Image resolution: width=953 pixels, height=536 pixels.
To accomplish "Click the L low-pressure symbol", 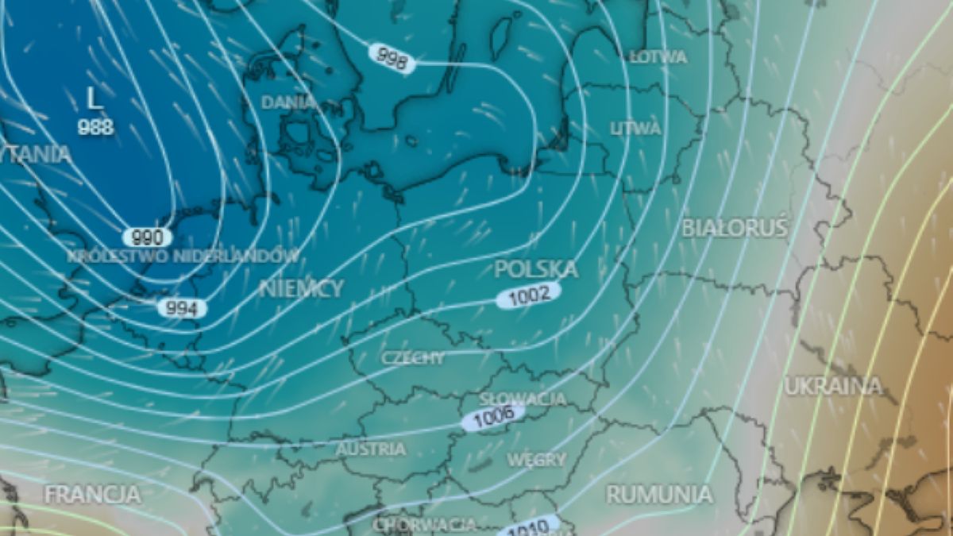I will (95, 98).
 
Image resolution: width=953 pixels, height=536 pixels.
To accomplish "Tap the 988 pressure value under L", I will (95, 127).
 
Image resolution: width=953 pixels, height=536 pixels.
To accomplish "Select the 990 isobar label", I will (148, 237).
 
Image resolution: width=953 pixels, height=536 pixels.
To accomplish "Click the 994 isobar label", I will (182, 308).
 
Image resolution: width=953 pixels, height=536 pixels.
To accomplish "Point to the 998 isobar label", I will (392, 58).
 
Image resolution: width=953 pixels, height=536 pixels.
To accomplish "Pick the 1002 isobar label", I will (529, 295).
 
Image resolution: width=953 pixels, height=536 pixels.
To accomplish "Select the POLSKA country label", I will (535, 269).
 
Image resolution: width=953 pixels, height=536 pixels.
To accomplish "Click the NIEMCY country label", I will (302, 288).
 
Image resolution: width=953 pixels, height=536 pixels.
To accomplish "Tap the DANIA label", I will (288, 102).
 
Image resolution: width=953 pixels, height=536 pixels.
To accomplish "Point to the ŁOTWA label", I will (658, 57).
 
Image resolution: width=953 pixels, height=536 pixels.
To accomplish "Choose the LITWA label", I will (635, 129).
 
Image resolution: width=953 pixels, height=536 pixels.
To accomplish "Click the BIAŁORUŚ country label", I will (735, 228).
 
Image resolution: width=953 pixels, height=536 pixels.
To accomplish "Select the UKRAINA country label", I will (833, 387).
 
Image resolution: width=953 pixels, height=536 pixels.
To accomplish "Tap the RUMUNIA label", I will (659, 494).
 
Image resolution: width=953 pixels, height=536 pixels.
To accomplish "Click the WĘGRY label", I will (537, 460).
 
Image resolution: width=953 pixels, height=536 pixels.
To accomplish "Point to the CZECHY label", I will (413, 358).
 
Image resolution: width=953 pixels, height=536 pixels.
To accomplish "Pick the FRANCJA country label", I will (92, 495).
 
